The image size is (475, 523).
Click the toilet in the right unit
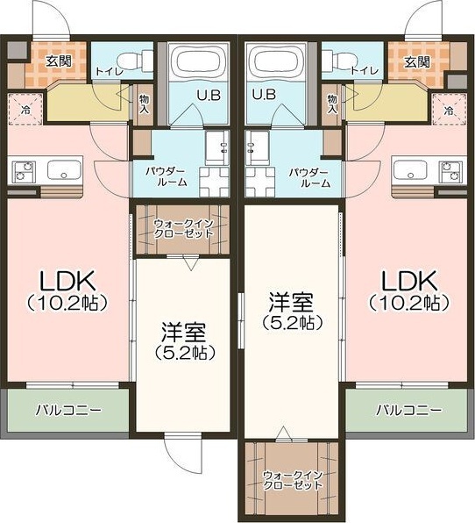(340, 61)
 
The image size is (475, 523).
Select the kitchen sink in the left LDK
(64, 170)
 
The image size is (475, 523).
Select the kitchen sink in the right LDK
(410, 170)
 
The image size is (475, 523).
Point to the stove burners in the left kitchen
(24, 172)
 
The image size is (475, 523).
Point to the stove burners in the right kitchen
(450, 172)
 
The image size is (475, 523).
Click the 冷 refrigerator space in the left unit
(25, 110)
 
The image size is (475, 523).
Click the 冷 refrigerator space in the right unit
(449, 110)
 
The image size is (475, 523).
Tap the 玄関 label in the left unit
(59, 61)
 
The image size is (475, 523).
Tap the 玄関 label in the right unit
(417, 61)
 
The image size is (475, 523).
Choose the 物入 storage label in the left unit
(144, 104)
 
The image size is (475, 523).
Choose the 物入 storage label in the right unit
(332, 104)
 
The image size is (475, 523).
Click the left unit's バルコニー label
(68, 410)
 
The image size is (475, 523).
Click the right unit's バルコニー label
(409, 410)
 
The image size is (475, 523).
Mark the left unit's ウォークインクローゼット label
(183, 228)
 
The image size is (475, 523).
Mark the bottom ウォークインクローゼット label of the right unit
(293, 480)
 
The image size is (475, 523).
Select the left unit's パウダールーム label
(166, 177)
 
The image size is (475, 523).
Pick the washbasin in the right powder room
(257, 147)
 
